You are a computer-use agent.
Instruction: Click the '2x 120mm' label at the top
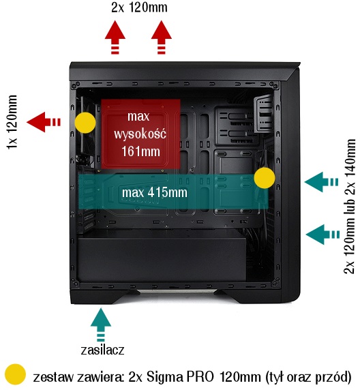click(139, 7)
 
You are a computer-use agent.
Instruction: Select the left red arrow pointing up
click(115, 37)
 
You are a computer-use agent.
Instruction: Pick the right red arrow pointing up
click(161, 37)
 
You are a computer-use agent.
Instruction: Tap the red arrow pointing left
click(44, 122)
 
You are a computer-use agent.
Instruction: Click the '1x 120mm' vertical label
click(12, 122)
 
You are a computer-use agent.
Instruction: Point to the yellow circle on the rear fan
click(85, 123)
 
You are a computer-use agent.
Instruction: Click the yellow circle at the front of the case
click(265, 178)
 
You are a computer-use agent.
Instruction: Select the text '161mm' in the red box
click(140, 151)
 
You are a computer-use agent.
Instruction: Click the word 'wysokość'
click(140, 134)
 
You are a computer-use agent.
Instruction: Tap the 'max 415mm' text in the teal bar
click(155, 192)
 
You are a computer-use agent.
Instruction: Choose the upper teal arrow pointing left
click(321, 182)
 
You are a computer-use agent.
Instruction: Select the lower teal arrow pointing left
click(322, 235)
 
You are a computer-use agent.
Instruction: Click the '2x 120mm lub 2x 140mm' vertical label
click(350, 206)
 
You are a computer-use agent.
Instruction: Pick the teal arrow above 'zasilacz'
click(101, 325)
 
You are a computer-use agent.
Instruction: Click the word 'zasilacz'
click(102, 350)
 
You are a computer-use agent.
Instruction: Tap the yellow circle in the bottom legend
click(16, 374)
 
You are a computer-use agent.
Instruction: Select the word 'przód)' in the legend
click(333, 378)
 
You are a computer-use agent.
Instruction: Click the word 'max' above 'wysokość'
click(138, 117)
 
